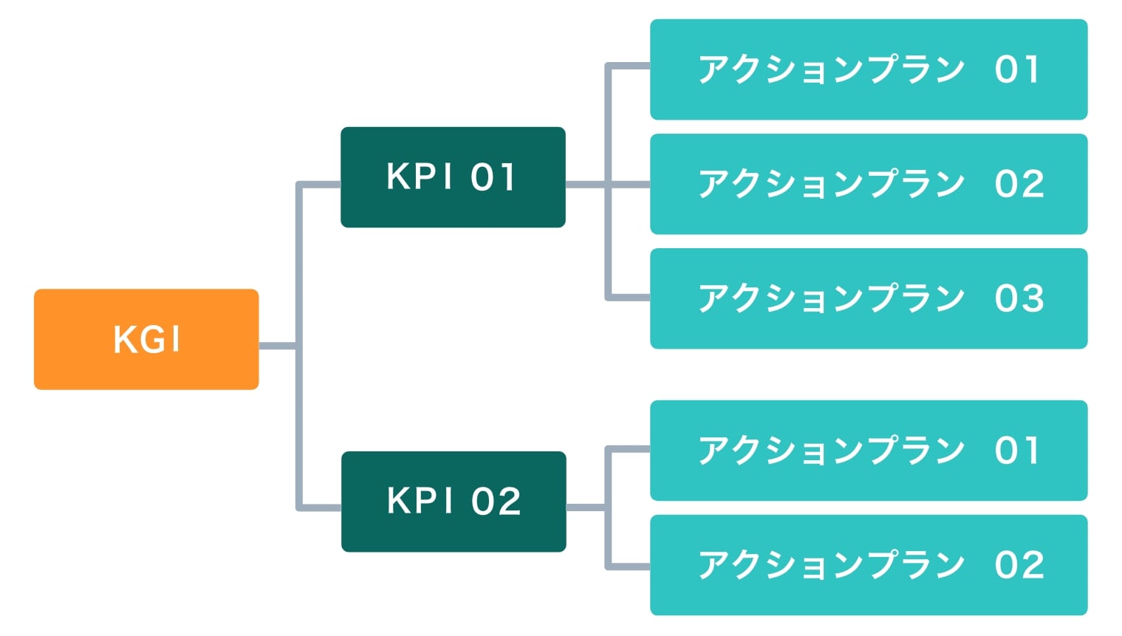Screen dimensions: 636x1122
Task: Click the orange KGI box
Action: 146,339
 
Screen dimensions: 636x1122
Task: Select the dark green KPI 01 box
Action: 453,177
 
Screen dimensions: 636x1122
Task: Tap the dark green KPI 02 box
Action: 454,502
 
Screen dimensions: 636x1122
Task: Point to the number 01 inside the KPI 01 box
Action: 493,177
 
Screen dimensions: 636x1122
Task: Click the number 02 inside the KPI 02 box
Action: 496,502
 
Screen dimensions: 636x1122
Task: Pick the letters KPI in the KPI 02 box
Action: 420,501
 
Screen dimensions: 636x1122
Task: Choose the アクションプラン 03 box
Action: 868,298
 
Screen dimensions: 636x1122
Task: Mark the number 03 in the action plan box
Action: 1019,298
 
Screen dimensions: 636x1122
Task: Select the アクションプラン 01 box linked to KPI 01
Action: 868,69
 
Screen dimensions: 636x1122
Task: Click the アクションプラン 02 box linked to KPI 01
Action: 868,184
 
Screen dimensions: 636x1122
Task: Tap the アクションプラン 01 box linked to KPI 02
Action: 868,451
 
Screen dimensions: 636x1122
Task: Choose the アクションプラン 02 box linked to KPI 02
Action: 868,565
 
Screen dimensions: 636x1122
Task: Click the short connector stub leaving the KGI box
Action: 277,346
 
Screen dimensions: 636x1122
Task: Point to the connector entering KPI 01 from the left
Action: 320,184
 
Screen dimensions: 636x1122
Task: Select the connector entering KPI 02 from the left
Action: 320,507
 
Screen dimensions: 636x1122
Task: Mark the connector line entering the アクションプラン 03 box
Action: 629,298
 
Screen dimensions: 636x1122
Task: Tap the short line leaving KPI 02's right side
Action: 585,507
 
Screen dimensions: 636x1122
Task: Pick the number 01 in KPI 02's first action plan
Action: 1017,451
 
